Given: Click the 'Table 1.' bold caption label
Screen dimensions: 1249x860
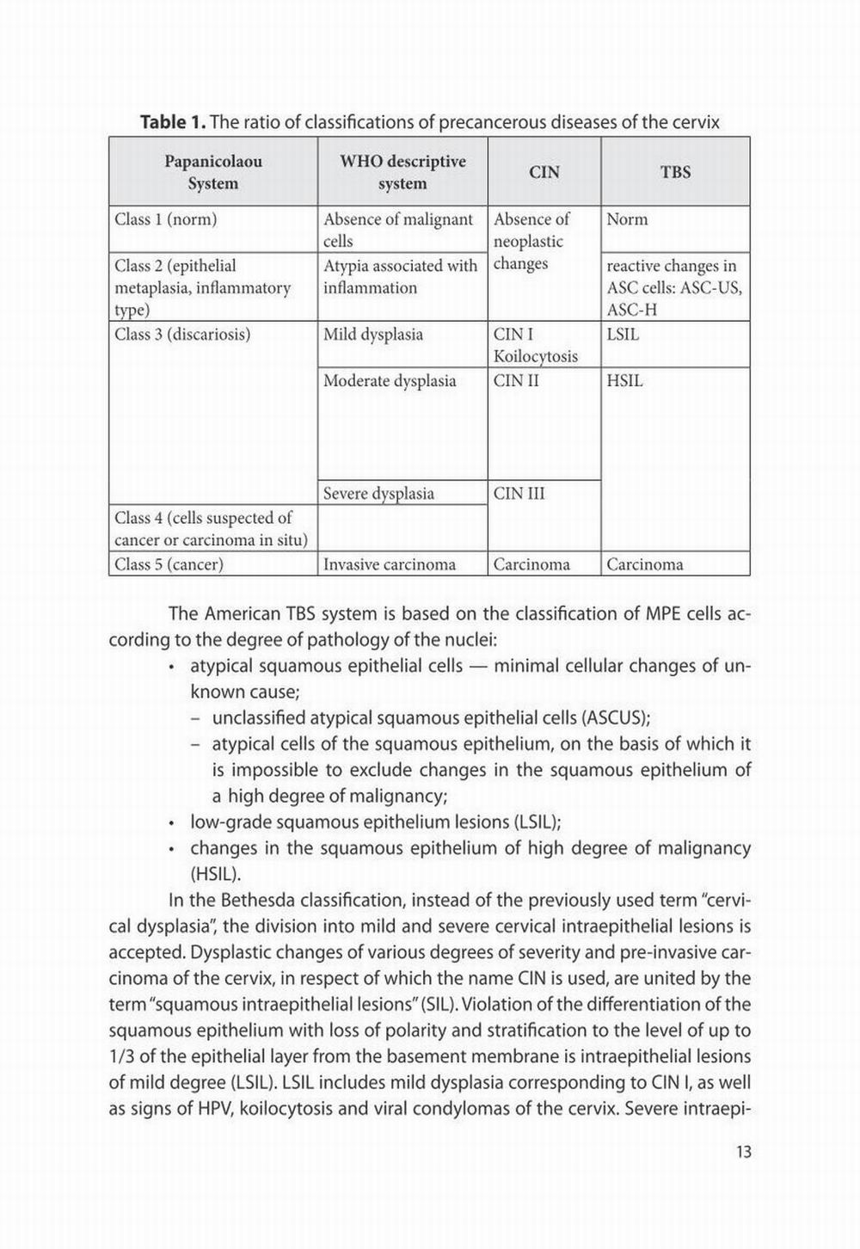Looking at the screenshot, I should point(173,122).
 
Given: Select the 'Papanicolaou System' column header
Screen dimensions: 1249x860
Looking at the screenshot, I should point(213,172).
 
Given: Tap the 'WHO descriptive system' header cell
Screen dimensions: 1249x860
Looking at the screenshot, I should point(402,172).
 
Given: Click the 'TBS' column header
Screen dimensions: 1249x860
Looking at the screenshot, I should point(675,172).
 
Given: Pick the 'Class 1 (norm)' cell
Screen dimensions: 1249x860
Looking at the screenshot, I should point(166,219).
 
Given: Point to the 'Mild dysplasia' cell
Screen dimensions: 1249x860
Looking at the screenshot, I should point(373,335).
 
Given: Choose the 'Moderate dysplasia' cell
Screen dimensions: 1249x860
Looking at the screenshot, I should point(390,381).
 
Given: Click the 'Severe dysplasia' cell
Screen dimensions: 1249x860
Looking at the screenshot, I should point(378,494).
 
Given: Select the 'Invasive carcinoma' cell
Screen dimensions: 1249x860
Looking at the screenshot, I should point(390,565).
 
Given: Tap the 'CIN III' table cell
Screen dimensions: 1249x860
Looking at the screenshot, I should point(519,494).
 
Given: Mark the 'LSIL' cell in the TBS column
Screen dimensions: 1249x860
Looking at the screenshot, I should point(623,335).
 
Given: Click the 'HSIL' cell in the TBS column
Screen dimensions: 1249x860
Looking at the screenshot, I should point(624,381).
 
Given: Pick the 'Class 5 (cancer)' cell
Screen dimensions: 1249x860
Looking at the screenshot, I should point(169,565).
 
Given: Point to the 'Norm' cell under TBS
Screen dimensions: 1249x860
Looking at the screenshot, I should point(627,219).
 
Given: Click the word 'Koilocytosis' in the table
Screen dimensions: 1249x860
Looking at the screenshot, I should point(536,357).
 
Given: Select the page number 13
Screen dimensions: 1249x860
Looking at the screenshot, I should point(743,1151).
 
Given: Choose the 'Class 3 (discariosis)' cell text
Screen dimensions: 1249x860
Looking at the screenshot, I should point(182,335).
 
